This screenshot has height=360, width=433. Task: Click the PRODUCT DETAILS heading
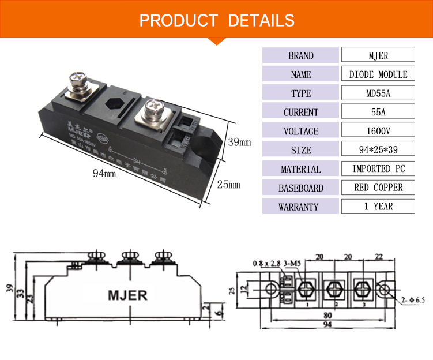(x=217, y=20)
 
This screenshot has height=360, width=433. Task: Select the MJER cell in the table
(x=378, y=55)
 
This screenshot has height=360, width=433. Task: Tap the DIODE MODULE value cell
(x=378, y=74)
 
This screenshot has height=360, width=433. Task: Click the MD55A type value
(x=378, y=93)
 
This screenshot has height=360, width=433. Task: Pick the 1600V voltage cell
(x=378, y=131)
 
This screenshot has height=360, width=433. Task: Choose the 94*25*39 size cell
(x=378, y=150)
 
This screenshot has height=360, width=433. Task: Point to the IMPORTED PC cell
(x=378, y=169)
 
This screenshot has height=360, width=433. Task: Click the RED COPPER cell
(x=378, y=187)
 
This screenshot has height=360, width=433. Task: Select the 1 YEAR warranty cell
(x=378, y=207)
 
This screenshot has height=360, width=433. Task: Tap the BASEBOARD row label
(x=301, y=187)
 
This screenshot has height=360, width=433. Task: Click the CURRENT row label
(x=301, y=112)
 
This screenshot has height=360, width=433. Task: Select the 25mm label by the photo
(x=228, y=185)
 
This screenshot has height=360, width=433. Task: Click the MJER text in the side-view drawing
(x=127, y=295)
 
